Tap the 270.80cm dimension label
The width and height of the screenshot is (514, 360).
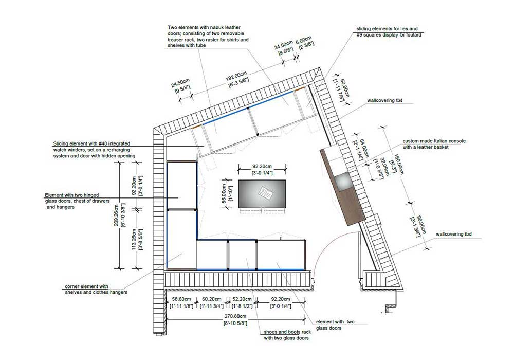pos(235,316)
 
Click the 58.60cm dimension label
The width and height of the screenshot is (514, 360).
pos(181,299)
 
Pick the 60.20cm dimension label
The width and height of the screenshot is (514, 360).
pos(211,299)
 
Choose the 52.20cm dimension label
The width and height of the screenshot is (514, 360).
pos(242,299)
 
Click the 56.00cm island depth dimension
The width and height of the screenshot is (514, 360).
pos(225,194)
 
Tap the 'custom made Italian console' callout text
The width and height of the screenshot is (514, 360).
pos(434,141)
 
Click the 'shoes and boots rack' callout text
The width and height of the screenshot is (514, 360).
pos(287,332)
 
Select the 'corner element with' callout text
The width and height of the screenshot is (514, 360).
pos(86,286)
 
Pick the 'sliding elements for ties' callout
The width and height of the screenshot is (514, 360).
pos(387,29)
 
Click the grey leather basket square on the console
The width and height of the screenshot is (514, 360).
pos(343,182)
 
